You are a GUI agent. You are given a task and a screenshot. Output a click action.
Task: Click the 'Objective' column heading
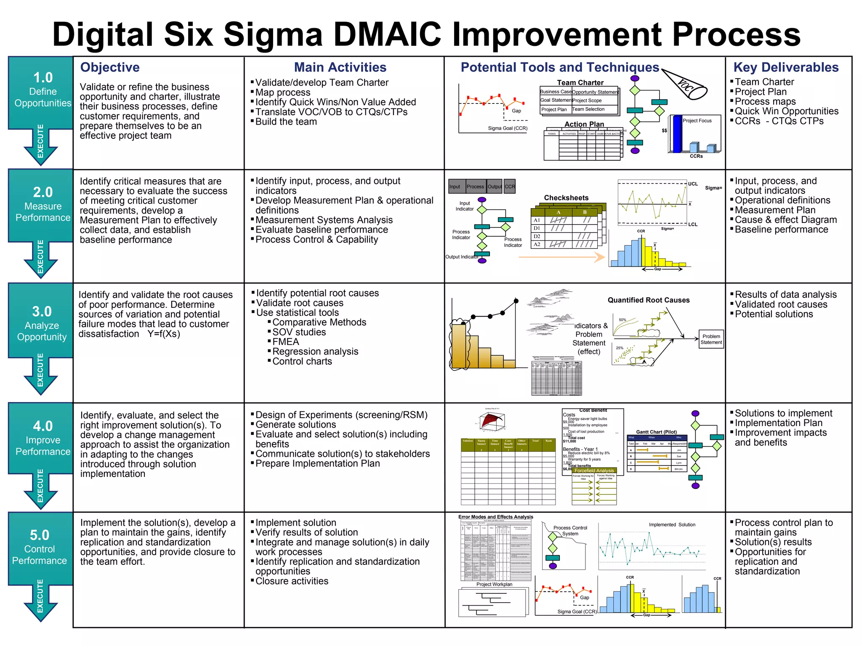(x=110, y=67)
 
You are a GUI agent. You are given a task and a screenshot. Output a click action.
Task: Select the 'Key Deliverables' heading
(x=786, y=67)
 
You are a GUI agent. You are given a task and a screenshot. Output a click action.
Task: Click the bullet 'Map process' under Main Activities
(x=283, y=93)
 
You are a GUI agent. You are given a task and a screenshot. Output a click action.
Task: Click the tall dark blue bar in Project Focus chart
(x=677, y=134)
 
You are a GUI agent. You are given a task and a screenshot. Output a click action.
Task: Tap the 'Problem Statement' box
(x=711, y=339)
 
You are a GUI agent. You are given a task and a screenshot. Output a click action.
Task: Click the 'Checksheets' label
(x=566, y=198)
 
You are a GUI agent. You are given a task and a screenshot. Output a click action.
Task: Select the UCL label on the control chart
(x=693, y=184)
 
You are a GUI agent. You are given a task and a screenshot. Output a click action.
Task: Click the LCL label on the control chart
(x=693, y=225)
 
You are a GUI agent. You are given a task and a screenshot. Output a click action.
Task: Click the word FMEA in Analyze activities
(x=285, y=342)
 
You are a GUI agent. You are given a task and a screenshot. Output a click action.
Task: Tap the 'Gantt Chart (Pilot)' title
(x=656, y=432)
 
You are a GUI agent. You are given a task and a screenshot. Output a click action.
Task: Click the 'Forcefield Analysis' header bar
(x=594, y=471)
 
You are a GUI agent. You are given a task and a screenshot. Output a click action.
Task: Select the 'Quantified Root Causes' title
(x=648, y=300)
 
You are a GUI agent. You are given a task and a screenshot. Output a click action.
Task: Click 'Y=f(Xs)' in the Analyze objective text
(x=164, y=334)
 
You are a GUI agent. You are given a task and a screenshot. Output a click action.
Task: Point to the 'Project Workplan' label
(x=494, y=584)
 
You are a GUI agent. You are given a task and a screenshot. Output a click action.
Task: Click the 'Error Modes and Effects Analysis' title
(x=495, y=517)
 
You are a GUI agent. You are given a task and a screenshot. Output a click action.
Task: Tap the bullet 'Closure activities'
(x=292, y=581)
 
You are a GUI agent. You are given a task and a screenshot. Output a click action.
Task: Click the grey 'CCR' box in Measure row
(x=510, y=187)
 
